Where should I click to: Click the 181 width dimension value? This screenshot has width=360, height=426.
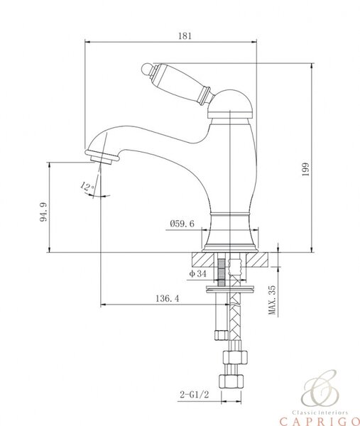[x=185, y=36]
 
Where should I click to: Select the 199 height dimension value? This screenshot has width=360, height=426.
[x=305, y=170]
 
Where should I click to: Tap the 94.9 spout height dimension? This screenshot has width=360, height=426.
[x=44, y=212]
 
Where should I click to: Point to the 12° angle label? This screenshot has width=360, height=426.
[x=87, y=187]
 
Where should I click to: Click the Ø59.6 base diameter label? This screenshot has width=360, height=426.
[x=182, y=224]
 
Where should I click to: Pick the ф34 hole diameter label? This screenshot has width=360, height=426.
[x=198, y=273]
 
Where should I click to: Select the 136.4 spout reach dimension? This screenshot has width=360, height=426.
[x=168, y=299]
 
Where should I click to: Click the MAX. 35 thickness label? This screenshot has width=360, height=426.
[x=272, y=300]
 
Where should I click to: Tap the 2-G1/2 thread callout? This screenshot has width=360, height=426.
[x=195, y=394]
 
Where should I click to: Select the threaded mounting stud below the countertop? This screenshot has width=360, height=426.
[x=222, y=273]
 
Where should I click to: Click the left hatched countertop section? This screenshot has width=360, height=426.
[x=202, y=259]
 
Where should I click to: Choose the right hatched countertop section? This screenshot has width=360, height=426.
[x=258, y=259]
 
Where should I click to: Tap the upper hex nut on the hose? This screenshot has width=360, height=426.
[x=235, y=357]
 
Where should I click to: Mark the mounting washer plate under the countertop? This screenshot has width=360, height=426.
[x=231, y=288]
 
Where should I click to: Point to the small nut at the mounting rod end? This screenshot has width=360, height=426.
[x=221, y=334]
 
